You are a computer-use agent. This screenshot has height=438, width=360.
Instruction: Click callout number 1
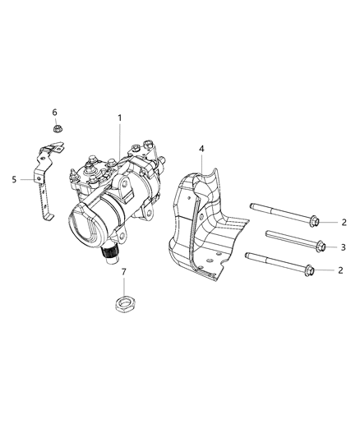[120, 118]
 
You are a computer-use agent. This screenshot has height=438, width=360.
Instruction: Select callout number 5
[14, 178]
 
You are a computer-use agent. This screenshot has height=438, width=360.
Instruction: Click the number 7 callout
[124, 270]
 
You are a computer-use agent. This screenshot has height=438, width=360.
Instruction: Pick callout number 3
[344, 247]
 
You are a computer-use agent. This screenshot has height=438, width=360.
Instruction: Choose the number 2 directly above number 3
[344, 222]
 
